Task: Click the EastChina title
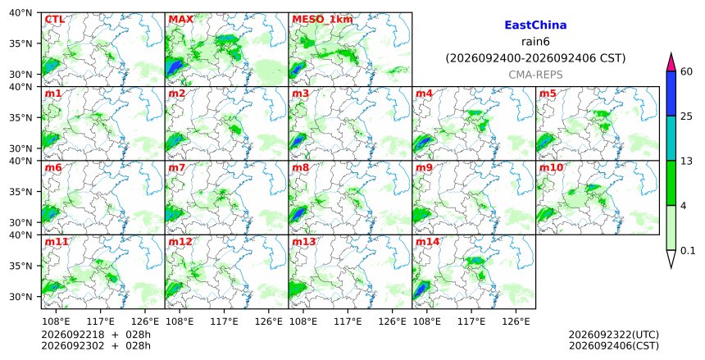pyautogui.click(x=535, y=25)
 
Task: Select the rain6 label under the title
pyautogui.click(x=535, y=42)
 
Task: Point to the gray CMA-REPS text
pyautogui.click(x=535, y=75)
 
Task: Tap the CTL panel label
pyautogui.click(x=54, y=20)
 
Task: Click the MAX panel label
pyautogui.click(x=180, y=20)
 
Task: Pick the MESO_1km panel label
pyautogui.click(x=322, y=20)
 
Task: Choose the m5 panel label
pyautogui.click(x=548, y=93)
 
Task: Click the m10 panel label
pyautogui.click(x=551, y=168)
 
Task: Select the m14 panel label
pyautogui.click(x=427, y=242)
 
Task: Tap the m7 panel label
pyautogui.click(x=177, y=168)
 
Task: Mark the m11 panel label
pyautogui.click(x=57, y=242)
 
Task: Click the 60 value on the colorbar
pyautogui.click(x=686, y=71)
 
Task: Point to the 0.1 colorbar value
pyautogui.click(x=688, y=251)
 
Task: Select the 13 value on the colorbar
pyautogui.click(x=686, y=161)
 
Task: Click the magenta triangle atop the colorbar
pyautogui.click(x=671, y=62)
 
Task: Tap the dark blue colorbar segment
pyautogui.click(x=671, y=93)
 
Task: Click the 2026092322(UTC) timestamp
pyautogui.click(x=614, y=335)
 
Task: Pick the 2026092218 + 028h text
pyautogui.click(x=96, y=335)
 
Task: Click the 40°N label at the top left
pyautogui.click(x=20, y=12)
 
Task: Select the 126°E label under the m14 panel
pyautogui.click(x=516, y=321)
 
